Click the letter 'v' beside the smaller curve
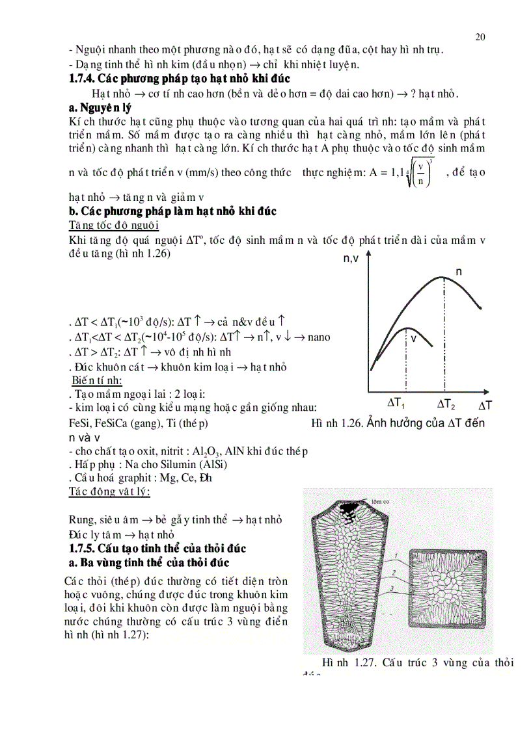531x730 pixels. pyautogui.click(x=413, y=339)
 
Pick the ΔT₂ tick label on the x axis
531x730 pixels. pyautogui.click(x=446, y=404)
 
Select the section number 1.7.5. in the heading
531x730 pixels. pyautogui.click(x=86, y=549)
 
